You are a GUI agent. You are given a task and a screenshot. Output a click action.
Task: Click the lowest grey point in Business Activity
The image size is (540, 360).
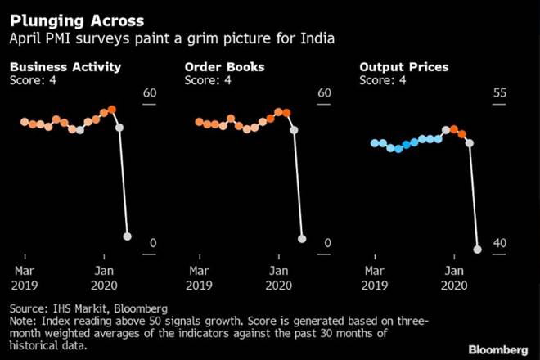[x=127, y=236]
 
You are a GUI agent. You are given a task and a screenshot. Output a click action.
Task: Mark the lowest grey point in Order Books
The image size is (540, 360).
[x=302, y=239]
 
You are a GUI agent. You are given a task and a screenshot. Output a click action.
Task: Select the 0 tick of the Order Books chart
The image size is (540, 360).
[x=327, y=244]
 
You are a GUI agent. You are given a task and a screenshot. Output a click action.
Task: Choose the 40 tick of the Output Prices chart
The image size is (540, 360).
[x=501, y=244]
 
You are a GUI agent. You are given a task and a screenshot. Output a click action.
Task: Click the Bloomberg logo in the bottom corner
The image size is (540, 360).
[x=498, y=346]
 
